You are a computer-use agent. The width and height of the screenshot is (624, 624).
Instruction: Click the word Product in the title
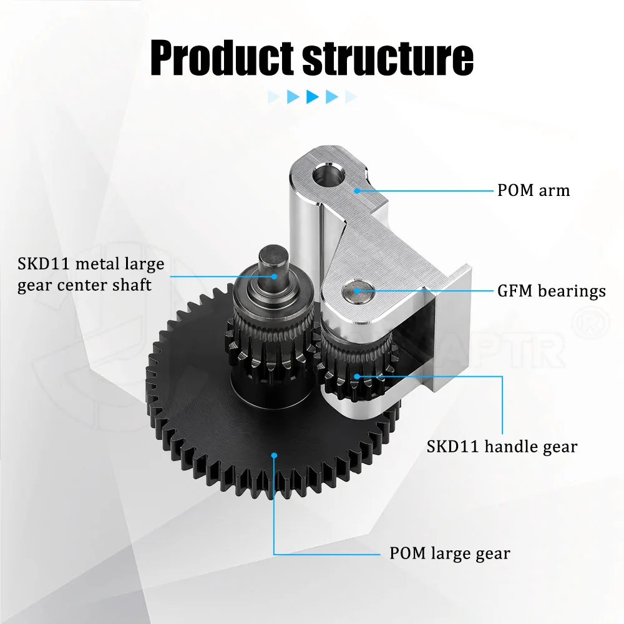pyautogui.click(x=222, y=57)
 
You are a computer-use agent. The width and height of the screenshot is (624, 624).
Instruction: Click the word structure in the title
pyautogui.click(x=388, y=59)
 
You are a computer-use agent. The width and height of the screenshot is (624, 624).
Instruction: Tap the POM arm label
pyautogui.click(x=534, y=190)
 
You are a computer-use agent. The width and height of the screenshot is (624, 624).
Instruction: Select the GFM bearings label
pyautogui.click(x=552, y=291)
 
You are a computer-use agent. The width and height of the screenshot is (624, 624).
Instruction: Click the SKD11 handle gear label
pyautogui.click(x=502, y=447)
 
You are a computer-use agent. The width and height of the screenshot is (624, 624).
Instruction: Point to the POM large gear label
pyautogui.click(x=450, y=553)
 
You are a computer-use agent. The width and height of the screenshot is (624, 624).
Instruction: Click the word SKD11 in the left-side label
pyautogui.click(x=43, y=264)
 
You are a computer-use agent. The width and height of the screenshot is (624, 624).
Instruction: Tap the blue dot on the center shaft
pyautogui.click(x=274, y=276)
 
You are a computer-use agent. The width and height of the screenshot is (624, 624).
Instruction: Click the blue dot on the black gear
pyautogui.click(x=274, y=456)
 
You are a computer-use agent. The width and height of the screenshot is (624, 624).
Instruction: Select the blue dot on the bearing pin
pyautogui.click(x=357, y=291)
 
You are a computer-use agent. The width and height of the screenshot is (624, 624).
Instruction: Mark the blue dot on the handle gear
pyautogui.click(x=357, y=376)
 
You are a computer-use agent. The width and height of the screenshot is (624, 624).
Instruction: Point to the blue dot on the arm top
pyautogui.click(x=357, y=190)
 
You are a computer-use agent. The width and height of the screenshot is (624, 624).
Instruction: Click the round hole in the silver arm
pyautogui.click(x=328, y=175)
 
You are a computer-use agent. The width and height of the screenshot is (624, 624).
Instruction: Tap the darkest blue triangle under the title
pyautogui.click(x=313, y=97)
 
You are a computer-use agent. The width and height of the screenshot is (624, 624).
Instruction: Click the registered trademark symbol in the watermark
pyautogui.click(x=590, y=323)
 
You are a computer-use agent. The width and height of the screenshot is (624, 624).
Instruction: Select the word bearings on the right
pyautogui.click(x=572, y=291)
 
